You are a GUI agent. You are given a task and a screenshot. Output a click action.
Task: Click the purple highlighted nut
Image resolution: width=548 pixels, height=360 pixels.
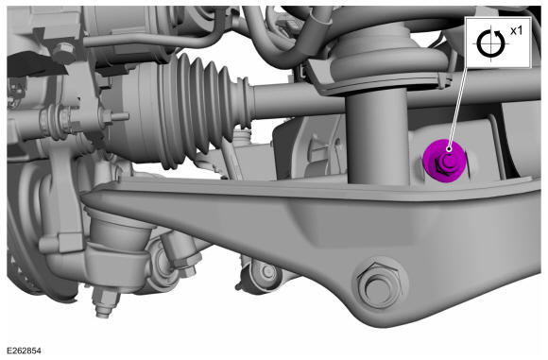445,161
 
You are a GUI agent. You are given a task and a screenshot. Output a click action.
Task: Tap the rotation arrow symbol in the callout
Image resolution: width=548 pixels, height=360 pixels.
490,43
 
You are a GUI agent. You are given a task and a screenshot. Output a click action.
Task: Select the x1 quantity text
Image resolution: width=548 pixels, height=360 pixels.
516,31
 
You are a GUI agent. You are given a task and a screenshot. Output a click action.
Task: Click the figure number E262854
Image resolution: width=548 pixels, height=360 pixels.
24,351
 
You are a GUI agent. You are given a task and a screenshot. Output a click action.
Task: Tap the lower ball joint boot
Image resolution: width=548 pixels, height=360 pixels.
119,227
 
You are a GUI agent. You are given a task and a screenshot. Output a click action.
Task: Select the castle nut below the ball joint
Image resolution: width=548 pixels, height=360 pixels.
105,301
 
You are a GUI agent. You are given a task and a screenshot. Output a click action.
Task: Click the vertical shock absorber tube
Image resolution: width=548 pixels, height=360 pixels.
378,136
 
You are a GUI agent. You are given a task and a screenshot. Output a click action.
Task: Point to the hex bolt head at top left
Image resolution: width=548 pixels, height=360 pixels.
63,52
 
